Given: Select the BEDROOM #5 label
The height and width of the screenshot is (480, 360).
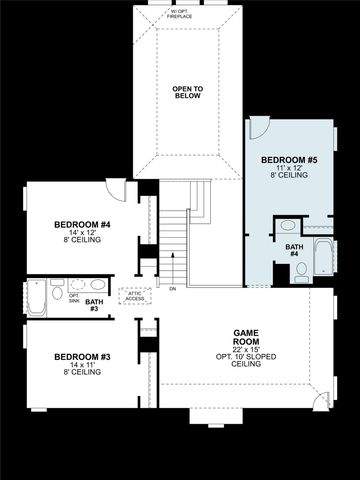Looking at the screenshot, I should [289, 160].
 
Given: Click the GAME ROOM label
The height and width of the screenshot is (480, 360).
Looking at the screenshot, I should [246, 338].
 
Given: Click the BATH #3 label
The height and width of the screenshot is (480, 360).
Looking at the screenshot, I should [92, 304].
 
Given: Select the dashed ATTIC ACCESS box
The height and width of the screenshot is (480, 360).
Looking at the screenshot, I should [134, 295].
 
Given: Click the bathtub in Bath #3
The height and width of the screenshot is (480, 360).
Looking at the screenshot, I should [36, 297].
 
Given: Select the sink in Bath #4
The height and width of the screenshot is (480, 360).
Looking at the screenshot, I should [287, 225].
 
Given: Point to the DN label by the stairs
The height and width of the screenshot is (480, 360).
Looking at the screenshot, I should [172, 288].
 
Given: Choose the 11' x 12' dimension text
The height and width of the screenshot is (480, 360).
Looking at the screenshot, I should [289, 169].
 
